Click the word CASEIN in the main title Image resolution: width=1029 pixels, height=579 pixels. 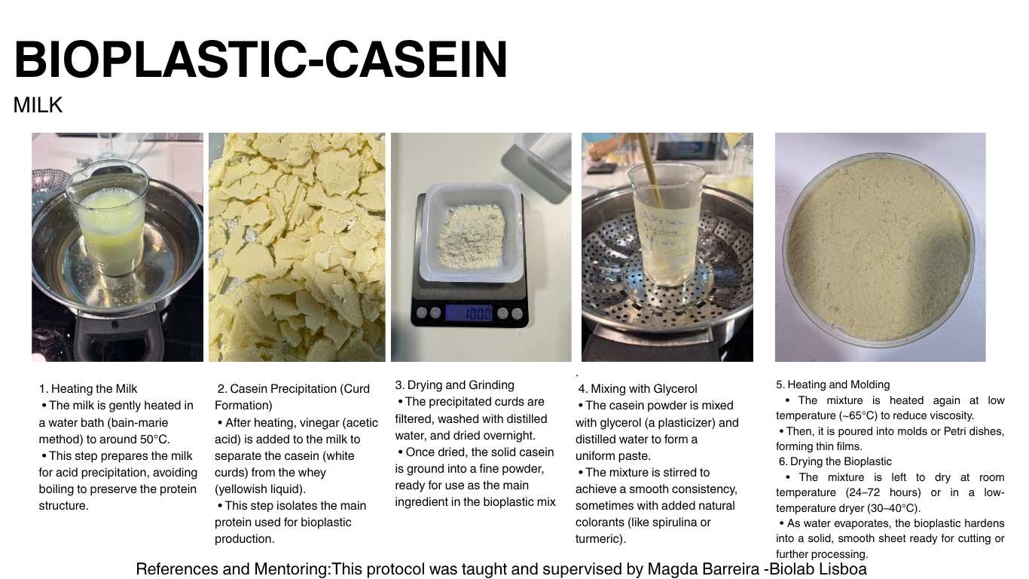(415, 60)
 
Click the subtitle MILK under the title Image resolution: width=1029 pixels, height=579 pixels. (38, 106)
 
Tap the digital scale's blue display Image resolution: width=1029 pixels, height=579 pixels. (468, 313)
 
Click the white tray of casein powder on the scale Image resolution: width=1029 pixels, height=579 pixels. (472, 232)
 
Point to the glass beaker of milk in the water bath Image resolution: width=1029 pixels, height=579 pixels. (108, 218)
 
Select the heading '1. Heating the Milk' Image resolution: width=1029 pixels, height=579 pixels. (88, 389)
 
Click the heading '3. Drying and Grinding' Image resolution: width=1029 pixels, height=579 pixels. (455, 385)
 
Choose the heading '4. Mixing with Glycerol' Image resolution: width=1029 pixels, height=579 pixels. (637, 389)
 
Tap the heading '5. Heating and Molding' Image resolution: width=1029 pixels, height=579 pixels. (833, 385)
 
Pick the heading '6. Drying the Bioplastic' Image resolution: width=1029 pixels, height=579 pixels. (835, 461)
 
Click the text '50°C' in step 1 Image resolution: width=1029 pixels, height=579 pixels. (155, 440)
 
